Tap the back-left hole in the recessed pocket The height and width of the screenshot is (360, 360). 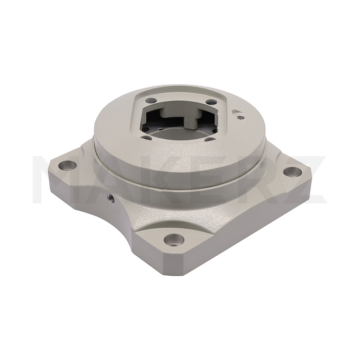[151, 100]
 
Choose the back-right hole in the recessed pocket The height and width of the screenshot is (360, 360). [210, 102]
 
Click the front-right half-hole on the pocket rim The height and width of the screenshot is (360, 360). [210, 139]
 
